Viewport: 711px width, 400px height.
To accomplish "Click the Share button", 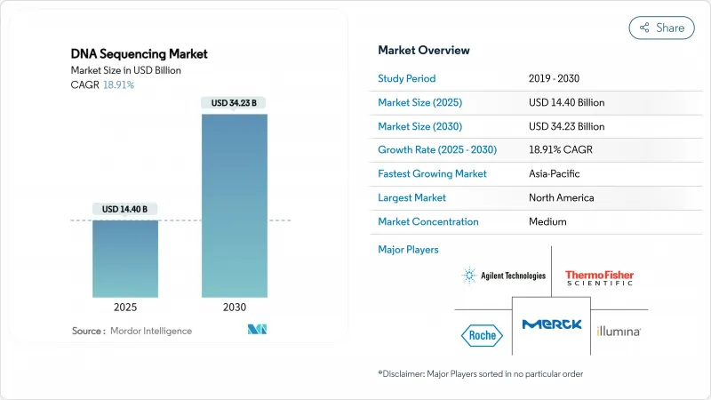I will point(661,28).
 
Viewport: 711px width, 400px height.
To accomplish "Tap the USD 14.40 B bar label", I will point(125,209).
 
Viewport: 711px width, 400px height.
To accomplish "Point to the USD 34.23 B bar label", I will point(235,103).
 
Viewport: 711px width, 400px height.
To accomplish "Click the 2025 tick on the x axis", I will point(125,308).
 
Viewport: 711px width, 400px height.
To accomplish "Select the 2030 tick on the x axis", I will point(235,308).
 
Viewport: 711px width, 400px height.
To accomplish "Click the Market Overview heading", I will point(424,50).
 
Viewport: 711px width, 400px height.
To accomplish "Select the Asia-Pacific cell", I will point(555,173).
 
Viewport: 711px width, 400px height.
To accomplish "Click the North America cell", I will point(560,197).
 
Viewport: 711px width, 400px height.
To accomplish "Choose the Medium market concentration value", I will point(547,221).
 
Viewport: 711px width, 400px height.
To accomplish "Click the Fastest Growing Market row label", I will point(432,173).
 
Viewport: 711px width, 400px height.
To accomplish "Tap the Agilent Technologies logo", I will point(504,276).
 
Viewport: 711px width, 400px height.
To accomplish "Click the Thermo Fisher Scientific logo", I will point(599,277).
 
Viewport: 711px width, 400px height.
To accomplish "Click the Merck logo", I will point(552,324).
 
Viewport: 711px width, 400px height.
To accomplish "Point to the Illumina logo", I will point(619,331).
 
